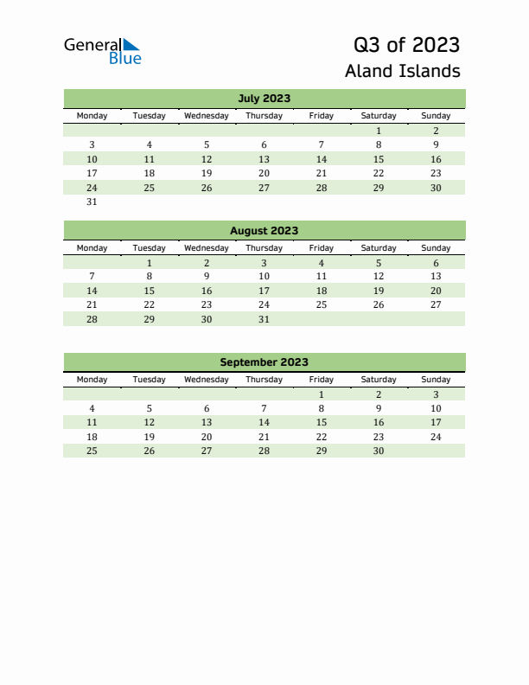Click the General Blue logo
click(102, 51)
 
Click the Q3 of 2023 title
click(406, 45)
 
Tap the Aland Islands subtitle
click(402, 71)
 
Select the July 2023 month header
click(264, 98)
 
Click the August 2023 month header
click(264, 230)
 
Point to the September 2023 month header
click(264, 362)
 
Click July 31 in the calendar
click(92, 202)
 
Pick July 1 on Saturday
click(379, 131)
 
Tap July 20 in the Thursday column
click(264, 173)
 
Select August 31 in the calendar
click(264, 319)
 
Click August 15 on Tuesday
click(150, 291)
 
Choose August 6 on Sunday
click(436, 263)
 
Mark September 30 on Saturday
click(379, 451)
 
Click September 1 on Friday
click(322, 394)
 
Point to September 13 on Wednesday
click(207, 422)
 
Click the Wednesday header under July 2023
click(207, 116)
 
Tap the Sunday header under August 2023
click(436, 248)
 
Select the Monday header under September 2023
click(92, 380)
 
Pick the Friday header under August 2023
click(322, 248)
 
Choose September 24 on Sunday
click(436, 437)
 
